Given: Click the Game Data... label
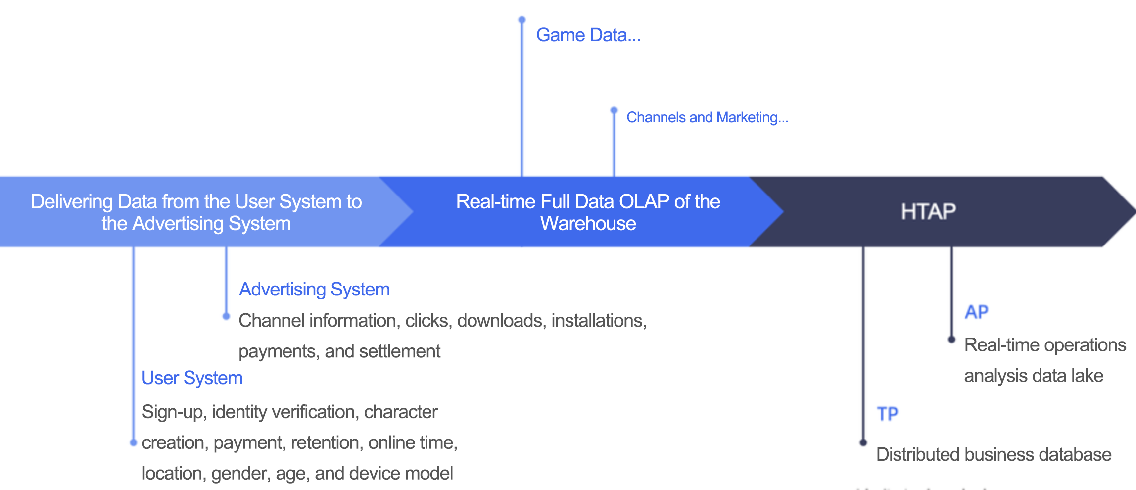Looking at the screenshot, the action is pos(588,35).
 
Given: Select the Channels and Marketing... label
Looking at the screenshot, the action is pos(708,117).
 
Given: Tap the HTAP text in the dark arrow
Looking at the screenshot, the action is pos(928,212).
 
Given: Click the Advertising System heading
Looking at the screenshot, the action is pos(315,290).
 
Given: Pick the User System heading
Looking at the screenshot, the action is pos(192,378).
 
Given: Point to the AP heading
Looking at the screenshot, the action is pos(976,312).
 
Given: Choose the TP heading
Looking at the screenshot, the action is pos(887,414).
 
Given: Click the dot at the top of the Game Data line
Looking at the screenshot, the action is pos(522,20).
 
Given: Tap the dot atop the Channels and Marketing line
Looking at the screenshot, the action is pos(614,110).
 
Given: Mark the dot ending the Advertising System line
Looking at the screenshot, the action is pos(226,316).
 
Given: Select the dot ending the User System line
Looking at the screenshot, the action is pos(133,442).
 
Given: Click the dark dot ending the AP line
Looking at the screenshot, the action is pos(951,340).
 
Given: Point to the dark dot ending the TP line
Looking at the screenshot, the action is pos(863,442).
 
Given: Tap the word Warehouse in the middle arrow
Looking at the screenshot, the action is pos(588,224).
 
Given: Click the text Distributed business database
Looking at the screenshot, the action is pos(994,455).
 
